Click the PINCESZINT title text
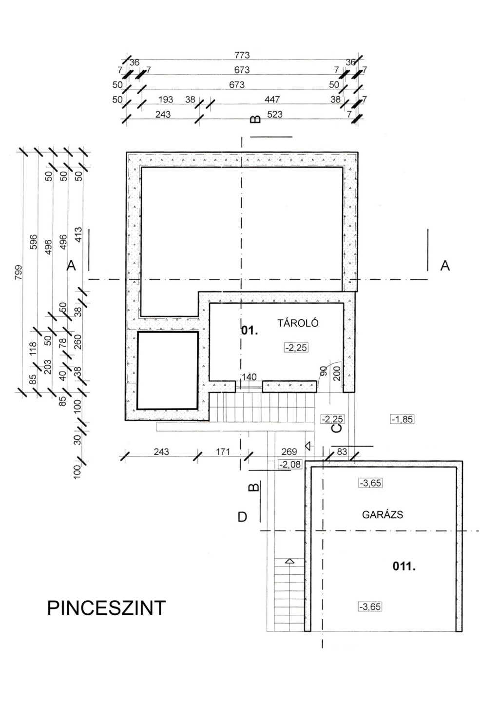click(x=107, y=608)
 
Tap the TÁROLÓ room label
click(x=298, y=323)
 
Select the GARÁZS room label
click(x=383, y=515)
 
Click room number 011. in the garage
click(x=404, y=567)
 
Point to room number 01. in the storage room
click(x=249, y=331)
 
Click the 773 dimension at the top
click(x=242, y=55)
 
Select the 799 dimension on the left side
click(x=19, y=273)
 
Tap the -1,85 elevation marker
click(x=402, y=419)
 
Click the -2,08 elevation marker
click(x=290, y=464)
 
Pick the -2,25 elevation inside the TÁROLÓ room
click(x=296, y=347)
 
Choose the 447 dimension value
click(x=272, y=99)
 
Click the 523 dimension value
click(x=275, y=114)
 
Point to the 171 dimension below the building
click(x=223, y=451)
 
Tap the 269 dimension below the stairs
click(x=289, y=451)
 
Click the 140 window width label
click(x=249, y=377)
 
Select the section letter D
click(x=242, y=517)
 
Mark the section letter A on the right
click(x=445, y=266)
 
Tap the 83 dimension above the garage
click(x=342, y=451)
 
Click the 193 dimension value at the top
click(x=166, y=99)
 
